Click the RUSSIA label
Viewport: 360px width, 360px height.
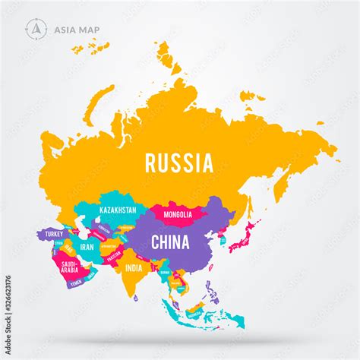point(179,162)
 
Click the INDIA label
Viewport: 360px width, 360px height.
point(134,267)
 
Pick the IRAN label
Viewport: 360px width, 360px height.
point(87,246)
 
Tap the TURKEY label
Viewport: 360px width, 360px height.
point(53,234)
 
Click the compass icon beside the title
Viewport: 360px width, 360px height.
point(35,29)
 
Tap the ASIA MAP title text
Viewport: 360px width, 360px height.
point(76,30)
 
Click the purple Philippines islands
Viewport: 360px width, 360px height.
point(213,291)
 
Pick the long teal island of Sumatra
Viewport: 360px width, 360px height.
point(177,308)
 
